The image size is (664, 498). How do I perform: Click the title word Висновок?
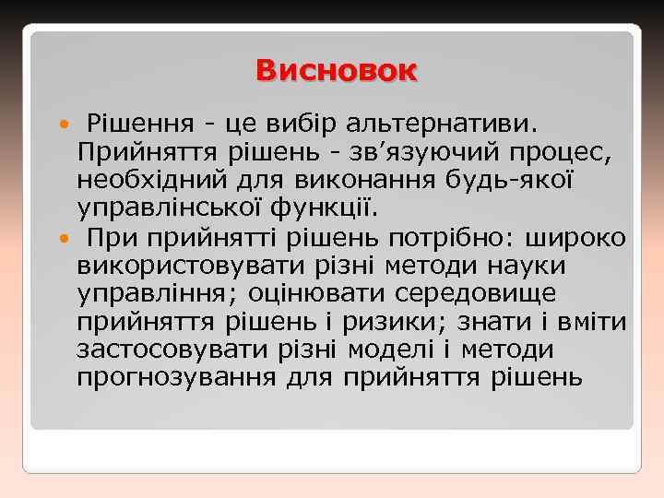pyautogui.click(x=337, y=71)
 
